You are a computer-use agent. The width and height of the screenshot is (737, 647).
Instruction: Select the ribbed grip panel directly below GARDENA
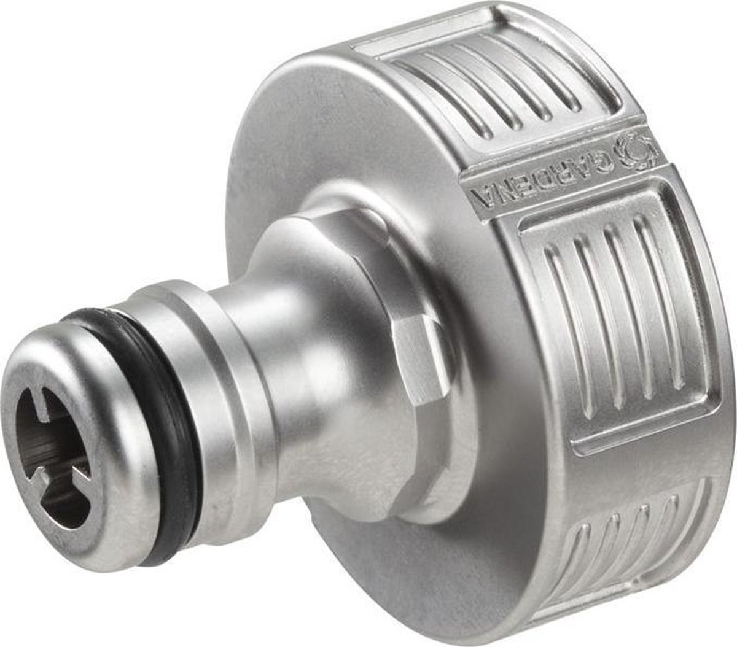tap(620, 325)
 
